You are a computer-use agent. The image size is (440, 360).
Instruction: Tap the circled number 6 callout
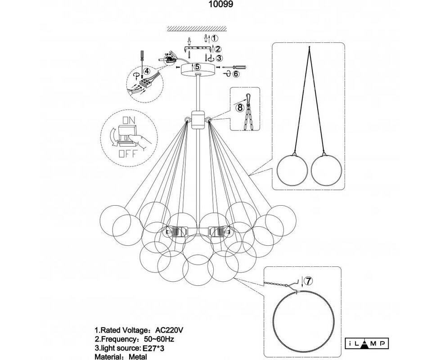[236, 73]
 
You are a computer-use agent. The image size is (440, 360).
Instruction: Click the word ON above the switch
[129, 121]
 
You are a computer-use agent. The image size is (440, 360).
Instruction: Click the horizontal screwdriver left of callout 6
[232, 66]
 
